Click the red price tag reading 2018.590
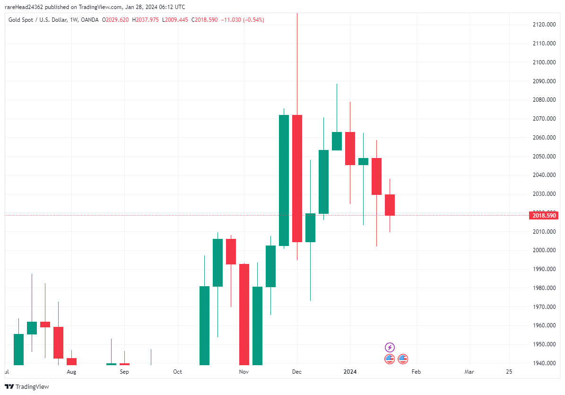(x=544, y=216)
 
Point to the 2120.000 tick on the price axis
(x=543, y=25)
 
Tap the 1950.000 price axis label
(x=543, y=344)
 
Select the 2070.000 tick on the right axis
(x=543, y=119)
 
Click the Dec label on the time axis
(x=296, y=372)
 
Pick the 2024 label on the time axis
(x=349, y=372)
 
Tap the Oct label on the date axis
(x=177, y=372)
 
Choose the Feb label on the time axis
(x=416, y=372)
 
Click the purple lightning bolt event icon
(x=390, y=347)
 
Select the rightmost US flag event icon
(x=403, y=359)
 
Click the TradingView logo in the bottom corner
(x=27, y=386)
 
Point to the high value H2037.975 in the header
(x=146, y=20)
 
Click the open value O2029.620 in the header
(x=116, y=20)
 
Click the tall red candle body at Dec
(x=297, y=178)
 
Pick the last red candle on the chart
(x=390, y=205)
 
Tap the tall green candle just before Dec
(x=284, y=180)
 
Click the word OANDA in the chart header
(x=90, y=20)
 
